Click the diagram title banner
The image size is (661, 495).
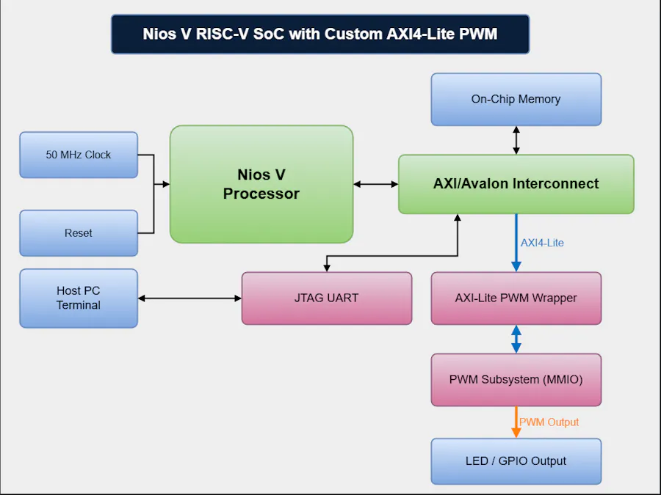point(320,34)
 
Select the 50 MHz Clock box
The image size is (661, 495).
point(79,155)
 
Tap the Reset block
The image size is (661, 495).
point(79,233)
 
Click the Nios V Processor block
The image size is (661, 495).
point(261,184)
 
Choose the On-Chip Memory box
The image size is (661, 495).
point(516,99)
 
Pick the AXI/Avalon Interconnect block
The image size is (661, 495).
point(516,184)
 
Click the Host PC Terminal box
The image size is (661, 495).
point(79,298)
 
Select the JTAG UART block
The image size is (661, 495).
point(326,298)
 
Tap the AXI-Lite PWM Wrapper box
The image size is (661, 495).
point(516,298)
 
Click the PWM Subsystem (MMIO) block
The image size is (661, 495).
point(516,380)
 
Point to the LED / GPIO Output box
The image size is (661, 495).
point(516,461)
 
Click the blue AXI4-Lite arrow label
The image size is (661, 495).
point(542,243)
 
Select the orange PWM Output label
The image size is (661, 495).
point(549,422)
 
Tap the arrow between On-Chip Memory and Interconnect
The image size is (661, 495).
point(516,140)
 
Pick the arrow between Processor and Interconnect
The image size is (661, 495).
point(375,184)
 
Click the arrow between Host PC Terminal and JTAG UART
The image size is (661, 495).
point(189,298)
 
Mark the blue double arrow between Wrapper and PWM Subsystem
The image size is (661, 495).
point(516,339)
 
